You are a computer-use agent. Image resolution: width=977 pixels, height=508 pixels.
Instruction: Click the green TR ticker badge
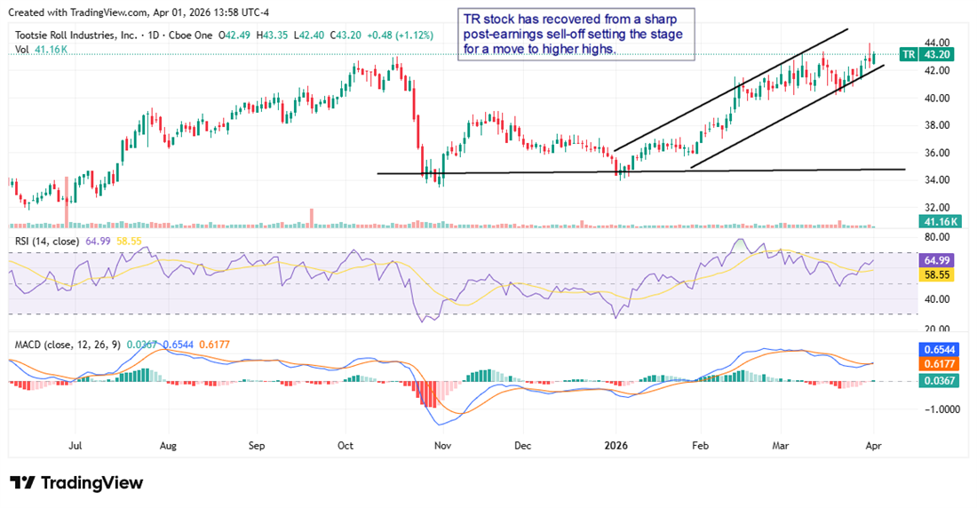click(x=909, y=54)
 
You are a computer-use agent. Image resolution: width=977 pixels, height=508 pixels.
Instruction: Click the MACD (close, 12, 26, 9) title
click(x=67, y=344)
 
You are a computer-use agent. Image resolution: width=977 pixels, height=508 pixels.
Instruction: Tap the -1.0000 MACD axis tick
click(x=939, y=409)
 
